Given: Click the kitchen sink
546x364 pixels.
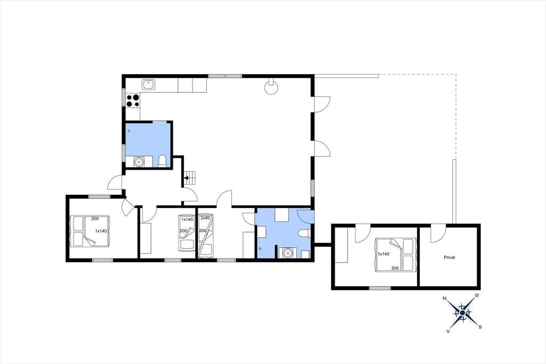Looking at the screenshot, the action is click(149, 84).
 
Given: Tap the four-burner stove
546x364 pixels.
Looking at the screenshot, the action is click(133, 101).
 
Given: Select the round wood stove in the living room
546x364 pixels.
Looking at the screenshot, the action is click(271, 87).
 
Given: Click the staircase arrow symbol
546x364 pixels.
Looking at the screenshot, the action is click(188, 178).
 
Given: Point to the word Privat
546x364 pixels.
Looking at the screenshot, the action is click(449, 258).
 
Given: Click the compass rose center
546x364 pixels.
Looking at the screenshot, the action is click(462, 313).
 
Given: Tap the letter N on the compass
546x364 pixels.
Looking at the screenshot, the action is click(444, 298).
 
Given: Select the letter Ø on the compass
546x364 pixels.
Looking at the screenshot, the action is click(477, 295).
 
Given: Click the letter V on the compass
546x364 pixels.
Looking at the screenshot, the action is click(448, 331).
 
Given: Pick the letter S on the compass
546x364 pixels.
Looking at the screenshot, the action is click(480, 327).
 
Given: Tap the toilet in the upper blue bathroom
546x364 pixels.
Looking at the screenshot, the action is click(162, 161).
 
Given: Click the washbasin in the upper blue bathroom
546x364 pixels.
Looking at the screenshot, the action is click(139, 162).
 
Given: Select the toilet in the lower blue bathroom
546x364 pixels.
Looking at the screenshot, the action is click(304, 233).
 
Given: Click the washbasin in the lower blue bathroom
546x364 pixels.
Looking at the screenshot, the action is click(287, 252).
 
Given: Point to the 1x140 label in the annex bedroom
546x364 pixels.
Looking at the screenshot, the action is click(383, 254).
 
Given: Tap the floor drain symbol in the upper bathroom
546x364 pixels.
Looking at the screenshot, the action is click(129, 131).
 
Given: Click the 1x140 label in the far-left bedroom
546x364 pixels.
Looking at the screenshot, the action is click(101, 231).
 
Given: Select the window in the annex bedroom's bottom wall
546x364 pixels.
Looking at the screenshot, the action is click(380, 288).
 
